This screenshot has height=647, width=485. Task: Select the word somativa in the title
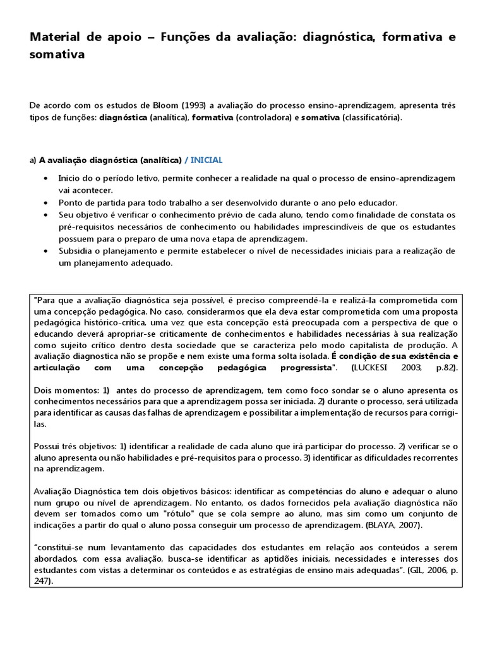[57, 56]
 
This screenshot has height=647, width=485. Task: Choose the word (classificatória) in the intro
[371, 118]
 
